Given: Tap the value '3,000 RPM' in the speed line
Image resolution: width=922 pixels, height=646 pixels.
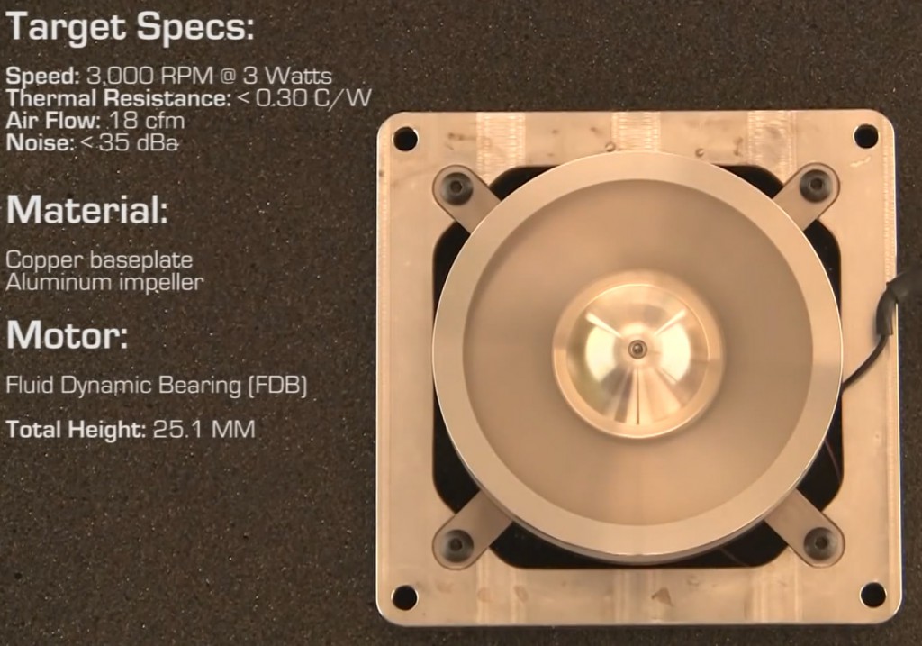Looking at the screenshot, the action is click(x=149, y=76).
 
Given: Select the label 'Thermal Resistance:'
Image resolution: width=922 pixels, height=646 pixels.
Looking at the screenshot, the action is click(x=119, y=98).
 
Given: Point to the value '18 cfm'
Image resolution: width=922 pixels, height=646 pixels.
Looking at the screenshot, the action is click(x=146, y=122).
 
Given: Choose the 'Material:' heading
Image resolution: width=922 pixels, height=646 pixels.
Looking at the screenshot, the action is click(x=87, y=209).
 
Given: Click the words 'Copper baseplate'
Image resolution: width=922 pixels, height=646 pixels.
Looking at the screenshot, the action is click(x=99, y=259).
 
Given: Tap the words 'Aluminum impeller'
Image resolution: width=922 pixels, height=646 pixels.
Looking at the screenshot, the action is click(x=104, y=282).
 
